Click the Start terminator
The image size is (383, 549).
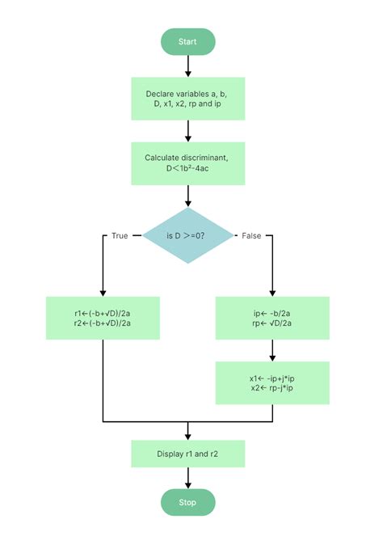click(x=187, y=41)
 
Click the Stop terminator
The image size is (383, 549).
click(x=187, y=502)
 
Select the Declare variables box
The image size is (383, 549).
click(x=187, y=99)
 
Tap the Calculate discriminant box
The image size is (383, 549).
click(x=187, y=163)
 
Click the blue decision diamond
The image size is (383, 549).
click(x=187, y=235)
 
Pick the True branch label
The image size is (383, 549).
click(x=120, y=235)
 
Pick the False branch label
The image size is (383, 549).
click(x=251, y=235)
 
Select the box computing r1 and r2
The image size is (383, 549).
click(x=103, y=317)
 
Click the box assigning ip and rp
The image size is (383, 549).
click(x=272, y=317)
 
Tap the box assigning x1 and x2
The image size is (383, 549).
click(x=272, y=382)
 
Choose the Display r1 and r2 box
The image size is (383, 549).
click(x=187, y=454)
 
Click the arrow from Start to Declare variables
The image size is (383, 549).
click(x=187, y=65)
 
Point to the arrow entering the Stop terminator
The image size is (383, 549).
click(x=187, y=479)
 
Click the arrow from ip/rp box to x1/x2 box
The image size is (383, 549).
click(x=272, y=349)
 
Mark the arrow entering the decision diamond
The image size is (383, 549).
click(x=187, y=195)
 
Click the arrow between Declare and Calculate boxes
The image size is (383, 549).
click(x=187, y=130)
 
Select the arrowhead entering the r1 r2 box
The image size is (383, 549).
click(x=103, y=292)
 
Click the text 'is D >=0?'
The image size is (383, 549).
click(x=187, y=235)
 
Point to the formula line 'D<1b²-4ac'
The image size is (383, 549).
click(x=187, y=170)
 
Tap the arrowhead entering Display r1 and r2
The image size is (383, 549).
click(x=187, y=436)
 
